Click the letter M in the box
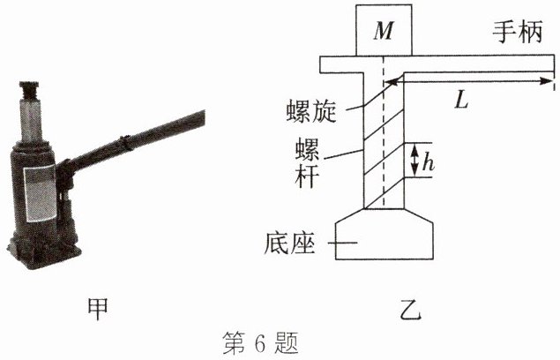tap(383, 31)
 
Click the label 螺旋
tap(310, 111)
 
